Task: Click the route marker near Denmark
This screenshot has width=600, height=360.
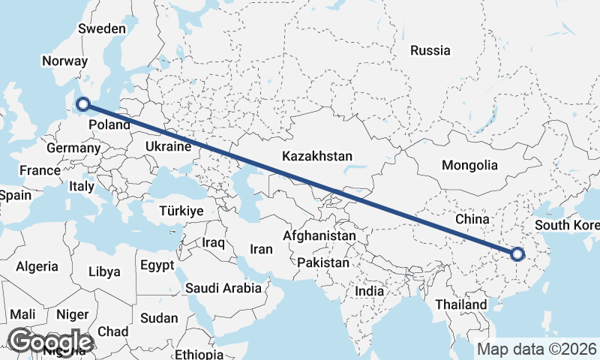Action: (x=83, y=105)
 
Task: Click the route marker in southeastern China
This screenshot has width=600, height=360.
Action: (x=517, y=254)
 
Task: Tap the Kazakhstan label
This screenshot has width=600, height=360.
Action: (x=317, y=157)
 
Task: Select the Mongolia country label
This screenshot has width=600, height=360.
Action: (x=470, y=165)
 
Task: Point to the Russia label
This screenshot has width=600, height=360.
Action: (x=430, y=50)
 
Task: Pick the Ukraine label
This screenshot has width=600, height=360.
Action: (x=168, y=146)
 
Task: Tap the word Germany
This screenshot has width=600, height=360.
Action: (x=73, y=148)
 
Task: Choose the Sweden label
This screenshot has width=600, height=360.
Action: (x=102, y=28)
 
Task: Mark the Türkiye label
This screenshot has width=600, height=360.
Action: (x=181, y=211)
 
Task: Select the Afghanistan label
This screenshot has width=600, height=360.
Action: (x=319, y=235)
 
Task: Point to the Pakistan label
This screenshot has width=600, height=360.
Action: (x=323, y=263)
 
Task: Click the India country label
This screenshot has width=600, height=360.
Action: (x=369, y=291)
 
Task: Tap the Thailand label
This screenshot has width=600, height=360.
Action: (x=461, y=304)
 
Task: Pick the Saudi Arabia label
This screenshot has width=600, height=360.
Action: (x=223, y=287)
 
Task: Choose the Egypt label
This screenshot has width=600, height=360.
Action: (x=157, y=265)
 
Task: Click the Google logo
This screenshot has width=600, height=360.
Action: (x=50, y=341)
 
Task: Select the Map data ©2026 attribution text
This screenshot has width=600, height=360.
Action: (x=537, y=349)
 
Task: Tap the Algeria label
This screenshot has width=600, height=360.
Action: (x=37, y=266)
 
